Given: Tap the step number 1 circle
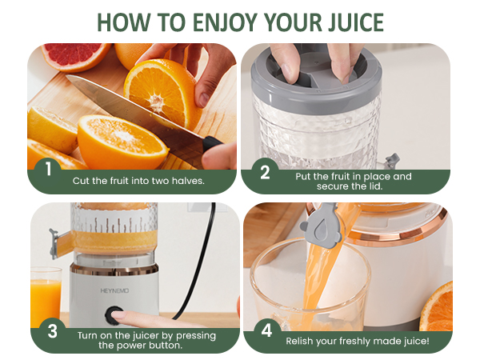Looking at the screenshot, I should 48,170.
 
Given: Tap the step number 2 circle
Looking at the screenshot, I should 264,170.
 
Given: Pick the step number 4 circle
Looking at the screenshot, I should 264,330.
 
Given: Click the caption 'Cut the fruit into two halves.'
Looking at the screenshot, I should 138,181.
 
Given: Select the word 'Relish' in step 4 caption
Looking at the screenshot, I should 301,341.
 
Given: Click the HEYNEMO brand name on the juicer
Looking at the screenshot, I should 113,271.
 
